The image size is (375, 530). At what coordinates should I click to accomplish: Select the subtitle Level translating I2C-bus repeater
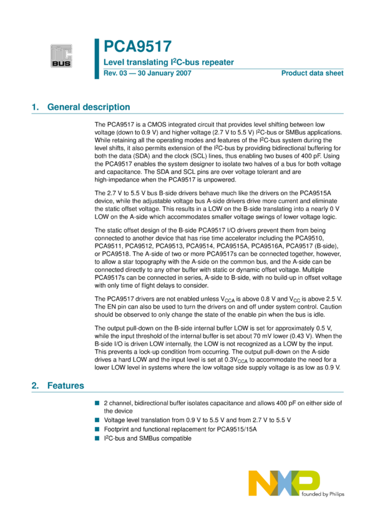click(168, 62)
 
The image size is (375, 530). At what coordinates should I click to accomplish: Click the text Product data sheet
click(312, 74)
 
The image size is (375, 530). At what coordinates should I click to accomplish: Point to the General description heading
click(89, 107)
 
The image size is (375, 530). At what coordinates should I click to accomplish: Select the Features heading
click(66, 386)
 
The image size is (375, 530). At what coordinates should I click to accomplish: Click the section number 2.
click(35, 386)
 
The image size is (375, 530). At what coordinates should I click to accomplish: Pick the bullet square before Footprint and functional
click(97, 430)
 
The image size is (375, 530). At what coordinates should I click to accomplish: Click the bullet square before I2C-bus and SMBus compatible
click(97, 438)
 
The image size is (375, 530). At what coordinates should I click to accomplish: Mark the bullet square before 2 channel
click(97, 403)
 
